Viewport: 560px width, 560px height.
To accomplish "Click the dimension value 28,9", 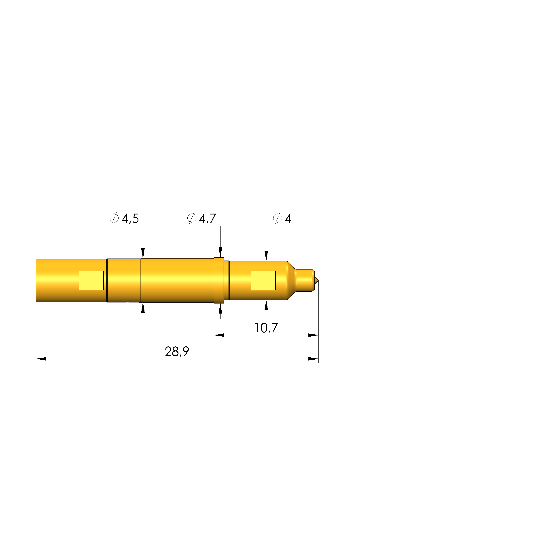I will click(177, 352).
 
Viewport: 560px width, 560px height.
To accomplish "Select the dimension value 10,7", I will click(266, 328).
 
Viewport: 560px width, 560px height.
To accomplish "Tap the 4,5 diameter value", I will click(130, 218).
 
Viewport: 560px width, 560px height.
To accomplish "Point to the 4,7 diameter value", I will click(208, 218).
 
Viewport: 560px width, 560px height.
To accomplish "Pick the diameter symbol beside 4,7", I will click(192, 218).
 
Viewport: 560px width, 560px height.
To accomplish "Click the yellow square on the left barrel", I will click(91, 280).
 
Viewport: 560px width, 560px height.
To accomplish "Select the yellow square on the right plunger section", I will click(263, 280).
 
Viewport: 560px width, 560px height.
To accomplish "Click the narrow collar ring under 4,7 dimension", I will click(219, 280).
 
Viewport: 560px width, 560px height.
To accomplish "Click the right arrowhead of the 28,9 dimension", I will click(313, 359).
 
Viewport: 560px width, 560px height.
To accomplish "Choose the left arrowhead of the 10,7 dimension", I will click(219, 335).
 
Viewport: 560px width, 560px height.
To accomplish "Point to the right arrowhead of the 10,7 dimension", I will click(313, 335).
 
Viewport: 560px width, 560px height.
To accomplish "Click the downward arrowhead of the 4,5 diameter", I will click(143, 253).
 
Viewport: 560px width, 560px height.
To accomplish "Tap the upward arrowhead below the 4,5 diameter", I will click(143, 308).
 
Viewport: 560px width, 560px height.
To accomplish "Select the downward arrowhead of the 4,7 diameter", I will click(220, 252).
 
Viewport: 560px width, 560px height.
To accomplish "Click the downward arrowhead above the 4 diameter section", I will click(266, 256).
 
